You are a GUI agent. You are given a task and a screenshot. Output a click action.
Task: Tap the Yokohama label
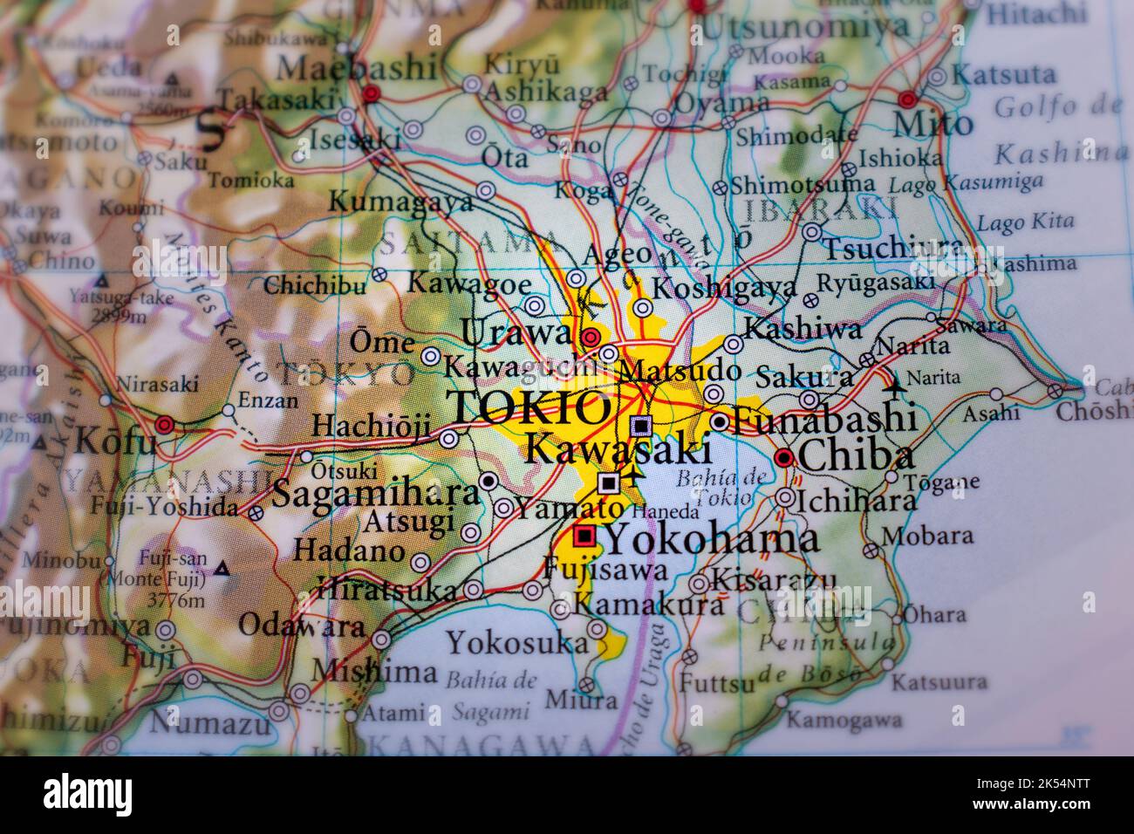tap(712, 539)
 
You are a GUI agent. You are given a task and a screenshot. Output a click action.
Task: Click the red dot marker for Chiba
tap(784, 457)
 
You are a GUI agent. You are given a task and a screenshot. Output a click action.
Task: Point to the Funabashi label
tap(823, 421)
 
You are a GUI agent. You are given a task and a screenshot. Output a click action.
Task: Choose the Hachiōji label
tap(371, 427)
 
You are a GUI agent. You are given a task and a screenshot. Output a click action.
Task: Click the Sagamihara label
tap(376, 494)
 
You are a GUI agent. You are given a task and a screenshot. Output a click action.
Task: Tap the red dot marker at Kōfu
tap(164, 425)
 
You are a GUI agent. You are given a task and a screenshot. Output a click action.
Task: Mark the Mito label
tap(932, 125)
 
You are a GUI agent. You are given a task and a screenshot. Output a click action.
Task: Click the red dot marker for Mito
tap(907, 99)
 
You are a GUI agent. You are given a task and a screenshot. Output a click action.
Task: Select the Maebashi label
tap(357, 67)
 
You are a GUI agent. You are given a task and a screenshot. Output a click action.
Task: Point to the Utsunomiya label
tap(805, 28)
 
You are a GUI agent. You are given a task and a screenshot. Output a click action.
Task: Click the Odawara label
tap(302, 625)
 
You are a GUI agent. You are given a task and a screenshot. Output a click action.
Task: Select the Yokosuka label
tap(517, 643)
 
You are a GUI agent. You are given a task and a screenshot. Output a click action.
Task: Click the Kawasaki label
tap(618, 450)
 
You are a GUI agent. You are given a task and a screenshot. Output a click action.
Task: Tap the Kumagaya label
tap(400, 202)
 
